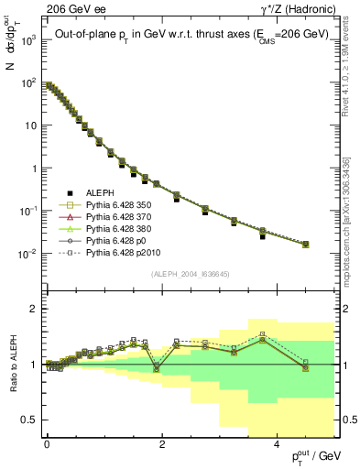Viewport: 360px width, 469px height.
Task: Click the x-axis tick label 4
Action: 277,442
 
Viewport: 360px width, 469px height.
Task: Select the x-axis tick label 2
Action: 162,442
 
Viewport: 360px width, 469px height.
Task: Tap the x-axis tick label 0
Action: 47,442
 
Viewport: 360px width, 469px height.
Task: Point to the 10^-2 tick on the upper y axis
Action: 28,254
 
